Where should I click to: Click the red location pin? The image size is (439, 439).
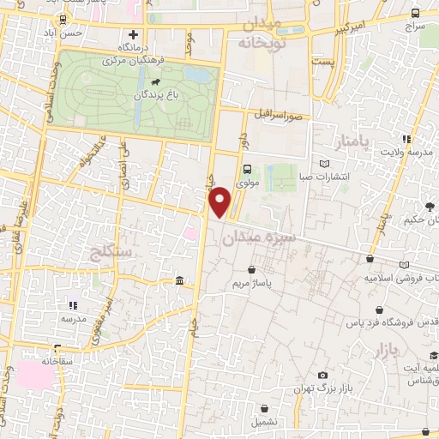221,201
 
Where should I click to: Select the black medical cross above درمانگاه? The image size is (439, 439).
133,35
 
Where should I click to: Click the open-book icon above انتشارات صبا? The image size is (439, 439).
323,164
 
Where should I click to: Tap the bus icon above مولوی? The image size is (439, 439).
247,169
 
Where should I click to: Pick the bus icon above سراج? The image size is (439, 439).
415,13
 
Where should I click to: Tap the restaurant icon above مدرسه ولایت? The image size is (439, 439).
406,138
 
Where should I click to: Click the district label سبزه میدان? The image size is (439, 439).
257,238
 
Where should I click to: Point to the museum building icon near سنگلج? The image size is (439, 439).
180,281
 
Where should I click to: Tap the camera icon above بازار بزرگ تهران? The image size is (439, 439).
322,376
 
